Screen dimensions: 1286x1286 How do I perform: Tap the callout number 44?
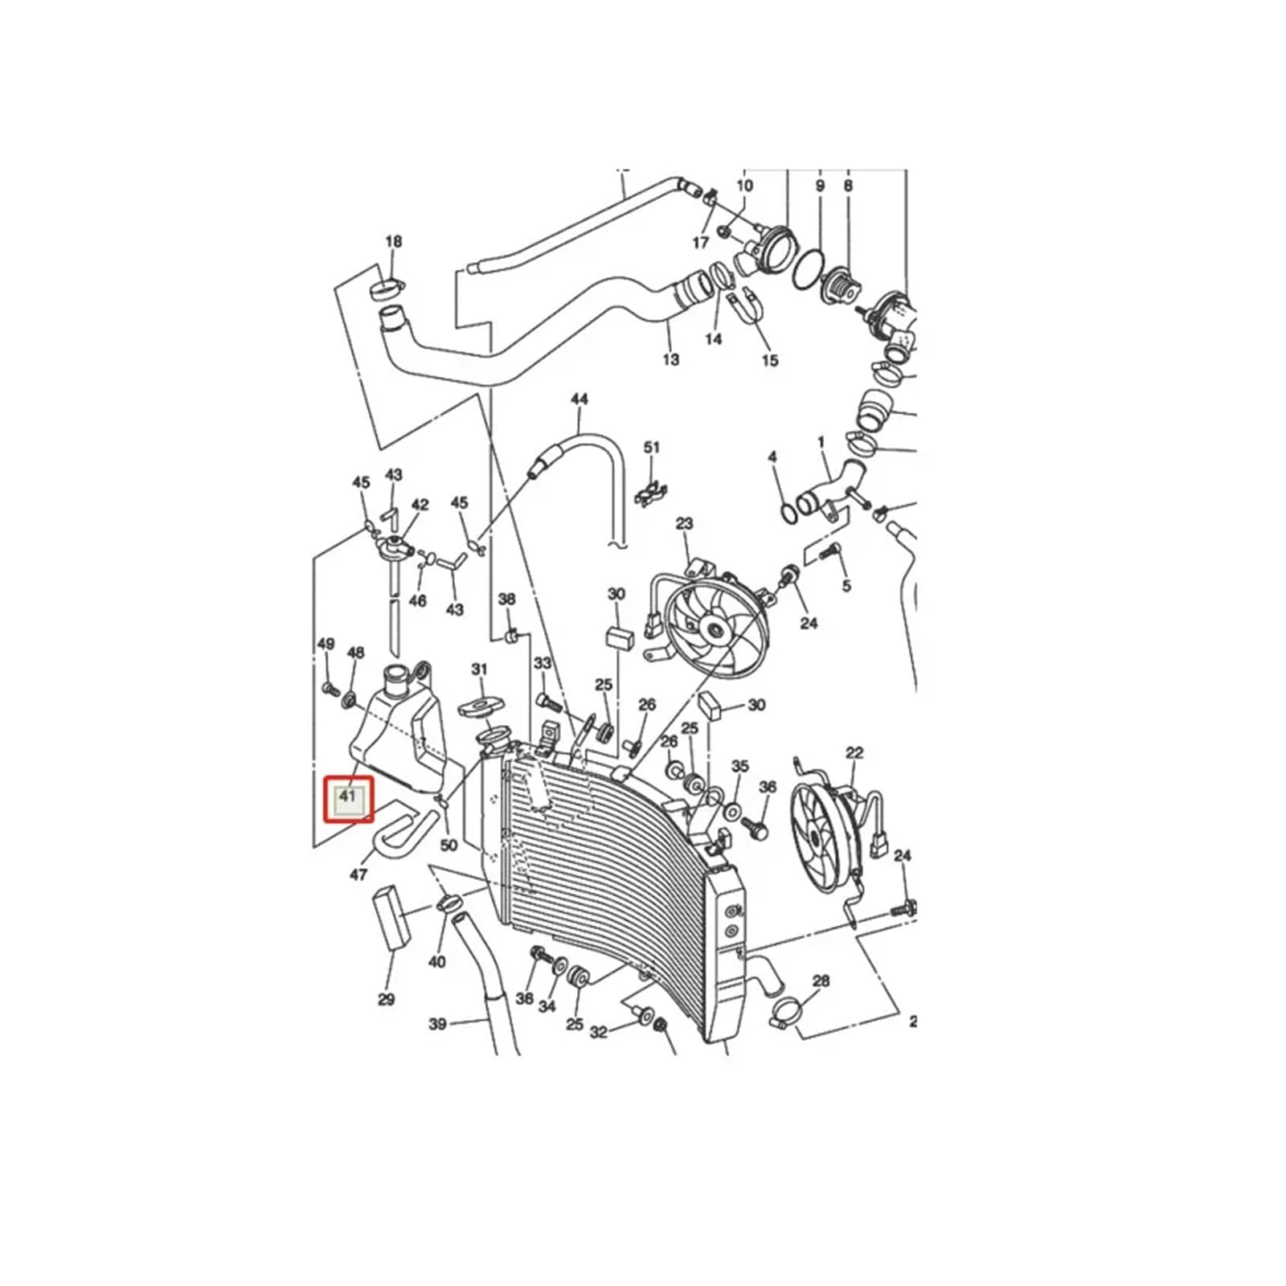(x=579, y=399)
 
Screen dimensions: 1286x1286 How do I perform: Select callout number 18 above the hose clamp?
(x=393, y=242)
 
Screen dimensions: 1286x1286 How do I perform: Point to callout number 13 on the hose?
(x=671, y=359)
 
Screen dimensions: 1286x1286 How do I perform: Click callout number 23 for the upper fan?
(x=684, y=524)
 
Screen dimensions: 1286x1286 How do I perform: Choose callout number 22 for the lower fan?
(x=854, y=753)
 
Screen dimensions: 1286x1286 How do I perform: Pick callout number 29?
(x=387, y=1000)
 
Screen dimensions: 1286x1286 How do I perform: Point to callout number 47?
(x=358, y=874)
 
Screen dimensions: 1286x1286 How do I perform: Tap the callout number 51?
(x=652, y=448)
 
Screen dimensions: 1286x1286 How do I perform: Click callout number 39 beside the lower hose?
(x=437, y=1024)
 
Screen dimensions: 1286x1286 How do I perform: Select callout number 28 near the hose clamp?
(x=821, y=981)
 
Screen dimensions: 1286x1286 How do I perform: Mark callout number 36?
(x=768, y=787)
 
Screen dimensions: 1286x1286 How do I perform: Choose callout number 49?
(x=326, y=644)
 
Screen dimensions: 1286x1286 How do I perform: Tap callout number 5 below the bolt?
(x=846, y=586)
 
